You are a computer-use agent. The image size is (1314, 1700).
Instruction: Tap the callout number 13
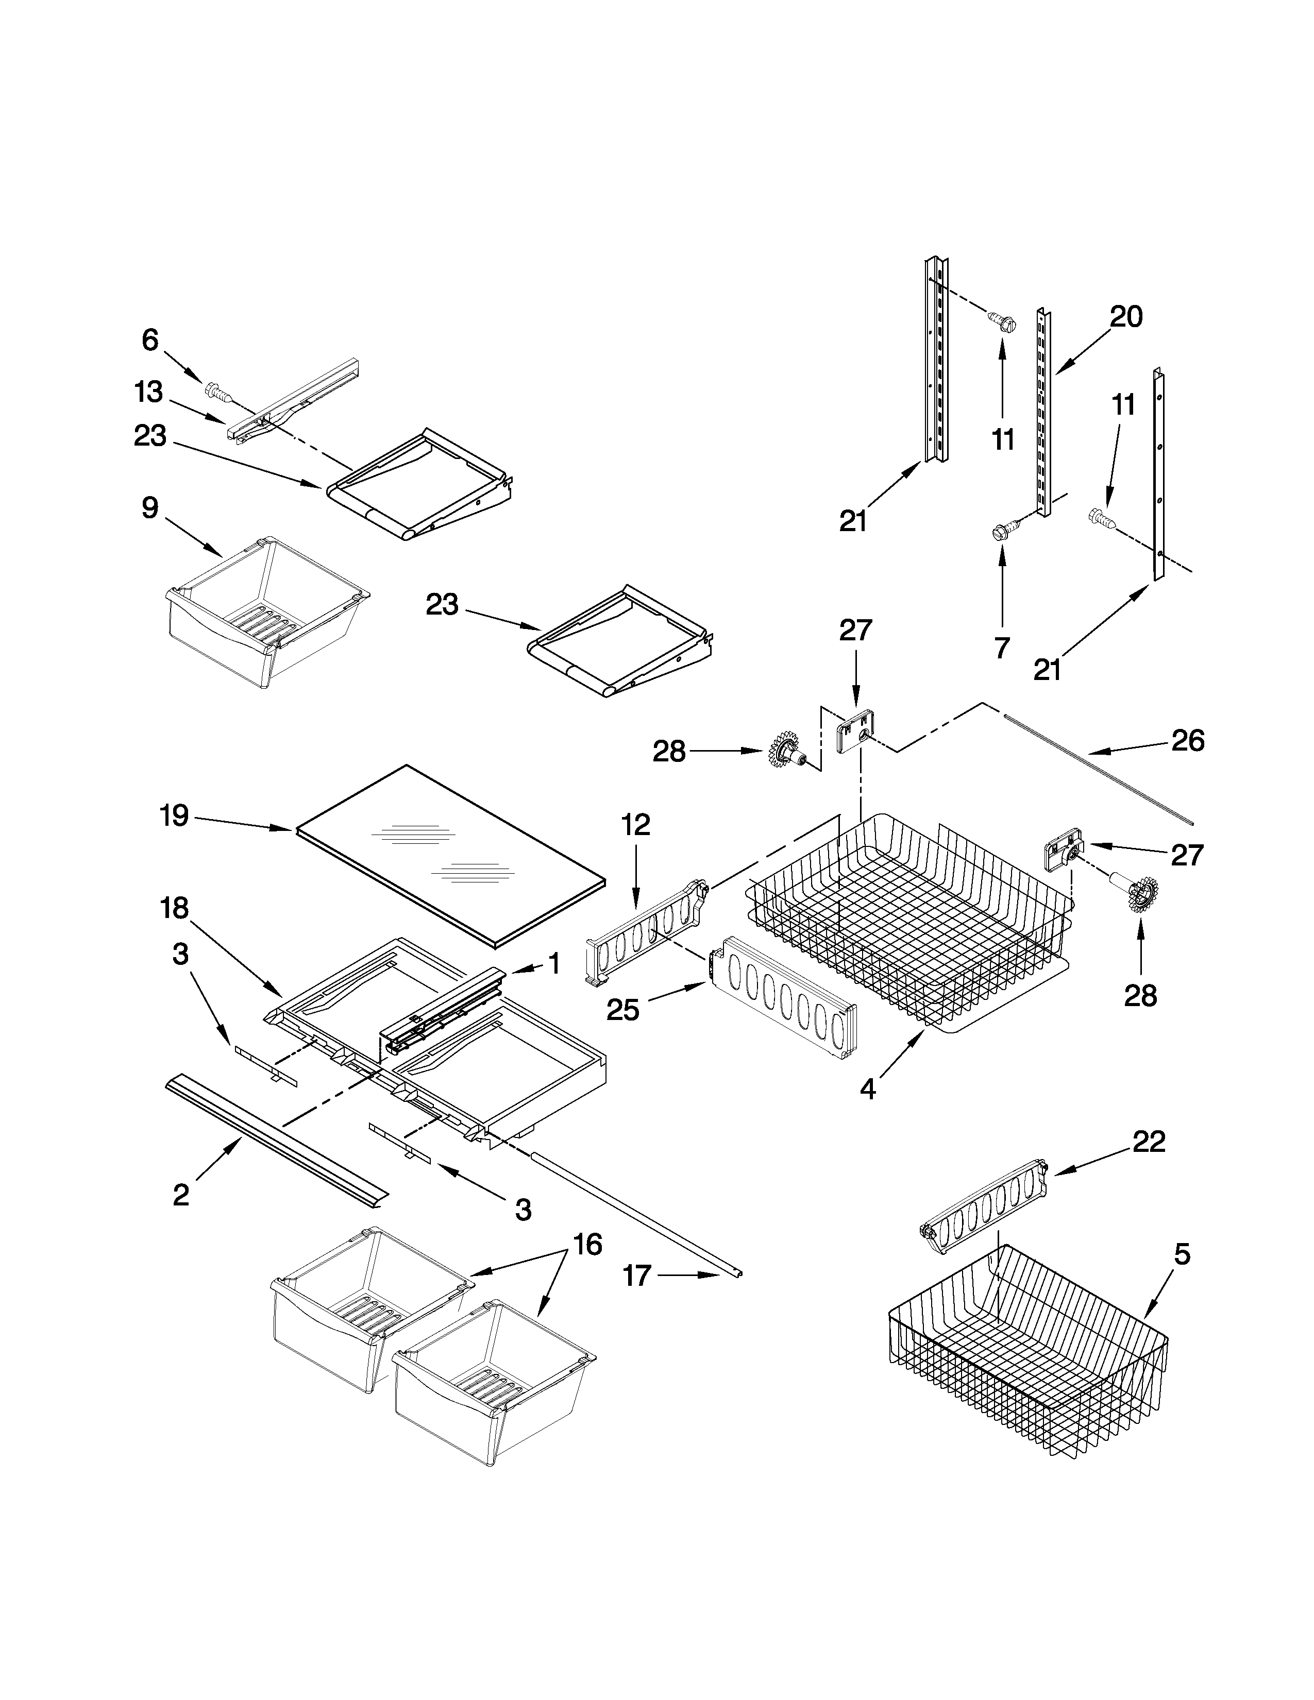148,393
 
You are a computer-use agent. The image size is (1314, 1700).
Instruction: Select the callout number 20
1125,317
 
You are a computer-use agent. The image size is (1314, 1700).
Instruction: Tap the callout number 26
1188,740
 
